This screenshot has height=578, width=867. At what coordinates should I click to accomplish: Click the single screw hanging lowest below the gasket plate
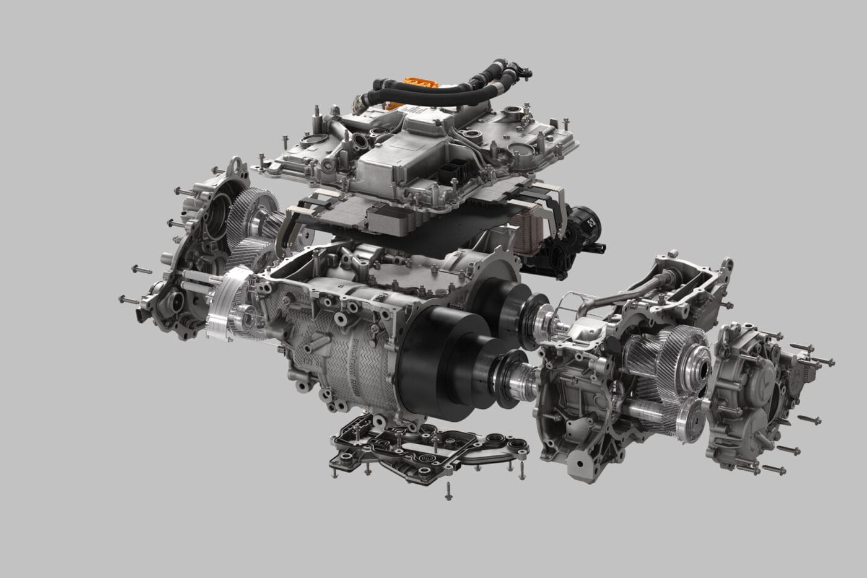point(447,496)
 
